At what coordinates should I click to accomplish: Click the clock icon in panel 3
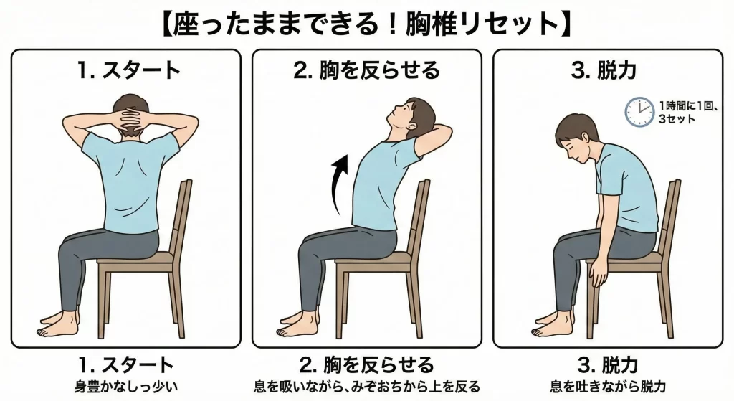[x=639, y=112]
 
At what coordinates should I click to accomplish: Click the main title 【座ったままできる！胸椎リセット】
[x=367, y=24]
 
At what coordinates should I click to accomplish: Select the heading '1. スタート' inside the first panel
[x=128, y=70]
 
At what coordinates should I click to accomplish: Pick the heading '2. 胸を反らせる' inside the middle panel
[x=366, y=70]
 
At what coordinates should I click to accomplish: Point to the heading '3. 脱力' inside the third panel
[x=604, y=70]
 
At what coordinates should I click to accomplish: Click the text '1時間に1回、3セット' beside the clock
[x=687, y=112]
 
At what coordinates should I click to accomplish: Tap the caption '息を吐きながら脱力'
[x=608, y=387]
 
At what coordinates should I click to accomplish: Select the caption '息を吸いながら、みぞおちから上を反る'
[x=367, y=387]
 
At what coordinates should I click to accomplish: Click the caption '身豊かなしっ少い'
[x=126, y=387]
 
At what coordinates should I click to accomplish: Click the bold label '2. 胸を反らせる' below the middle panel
[x=367, y=365]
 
